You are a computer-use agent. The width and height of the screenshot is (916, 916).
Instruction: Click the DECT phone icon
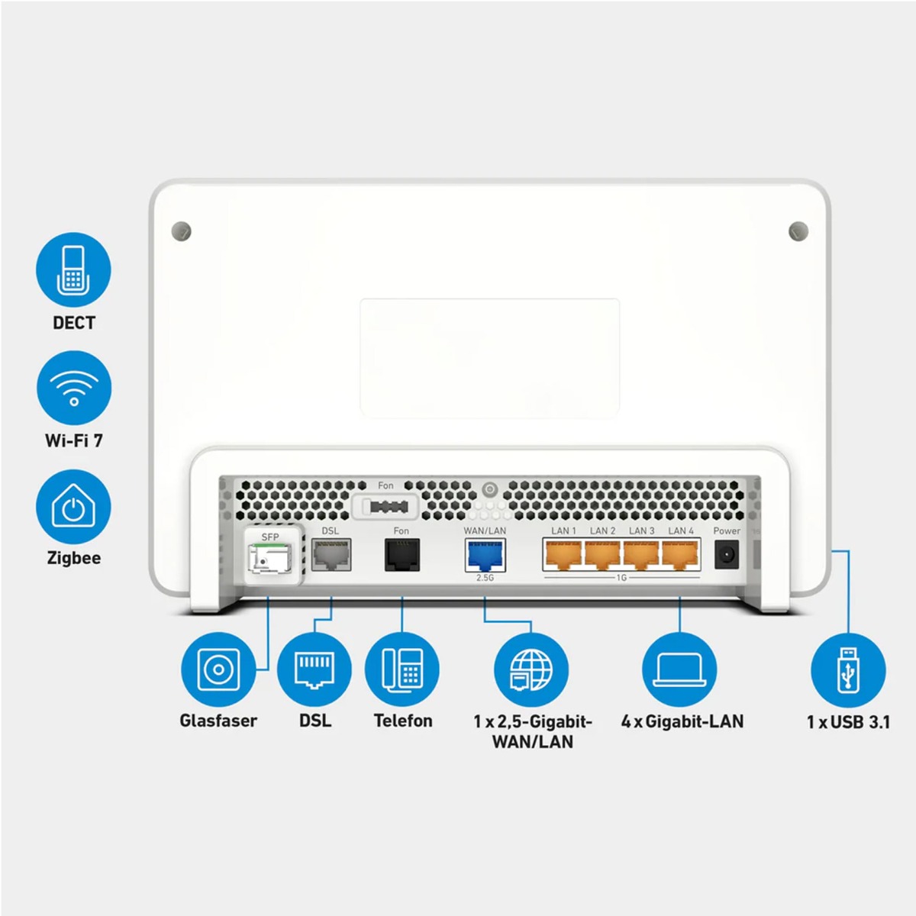73,270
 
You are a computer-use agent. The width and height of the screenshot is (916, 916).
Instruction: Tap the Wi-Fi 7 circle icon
73,389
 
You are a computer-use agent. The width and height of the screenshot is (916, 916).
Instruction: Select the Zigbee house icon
73,507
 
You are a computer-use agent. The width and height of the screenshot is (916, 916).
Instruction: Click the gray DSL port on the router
331,555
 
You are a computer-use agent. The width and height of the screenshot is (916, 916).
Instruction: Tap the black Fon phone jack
402,555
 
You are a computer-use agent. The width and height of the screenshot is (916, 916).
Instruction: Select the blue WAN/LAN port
485,555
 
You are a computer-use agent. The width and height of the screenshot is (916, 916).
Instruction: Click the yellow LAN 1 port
563,554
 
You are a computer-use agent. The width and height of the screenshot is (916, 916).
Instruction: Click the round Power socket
727,554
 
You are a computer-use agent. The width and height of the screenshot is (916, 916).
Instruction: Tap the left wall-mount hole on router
182,230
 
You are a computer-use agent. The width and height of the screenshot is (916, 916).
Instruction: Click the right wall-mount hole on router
798,230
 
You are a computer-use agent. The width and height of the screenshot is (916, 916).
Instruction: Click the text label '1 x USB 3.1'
848,721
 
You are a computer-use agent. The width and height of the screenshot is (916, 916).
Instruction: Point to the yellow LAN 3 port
641,554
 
